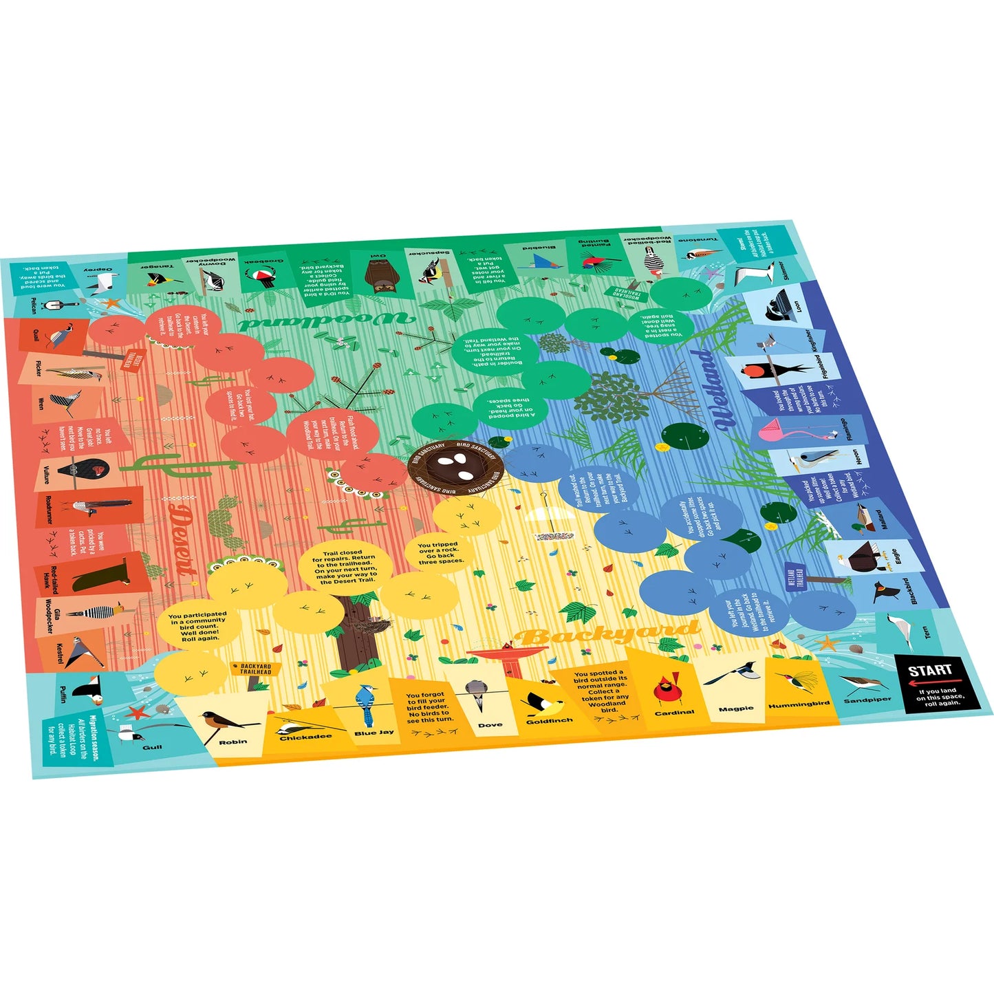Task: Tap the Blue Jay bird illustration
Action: (x=366, y=704)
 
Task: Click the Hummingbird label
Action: (x=799, y=705)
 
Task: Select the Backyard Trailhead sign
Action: (x=255, y=669)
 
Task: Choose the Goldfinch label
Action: (x=549, y=721)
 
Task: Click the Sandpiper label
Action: (x=867, y=700)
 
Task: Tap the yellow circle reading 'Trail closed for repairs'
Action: (x=345, y=567)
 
